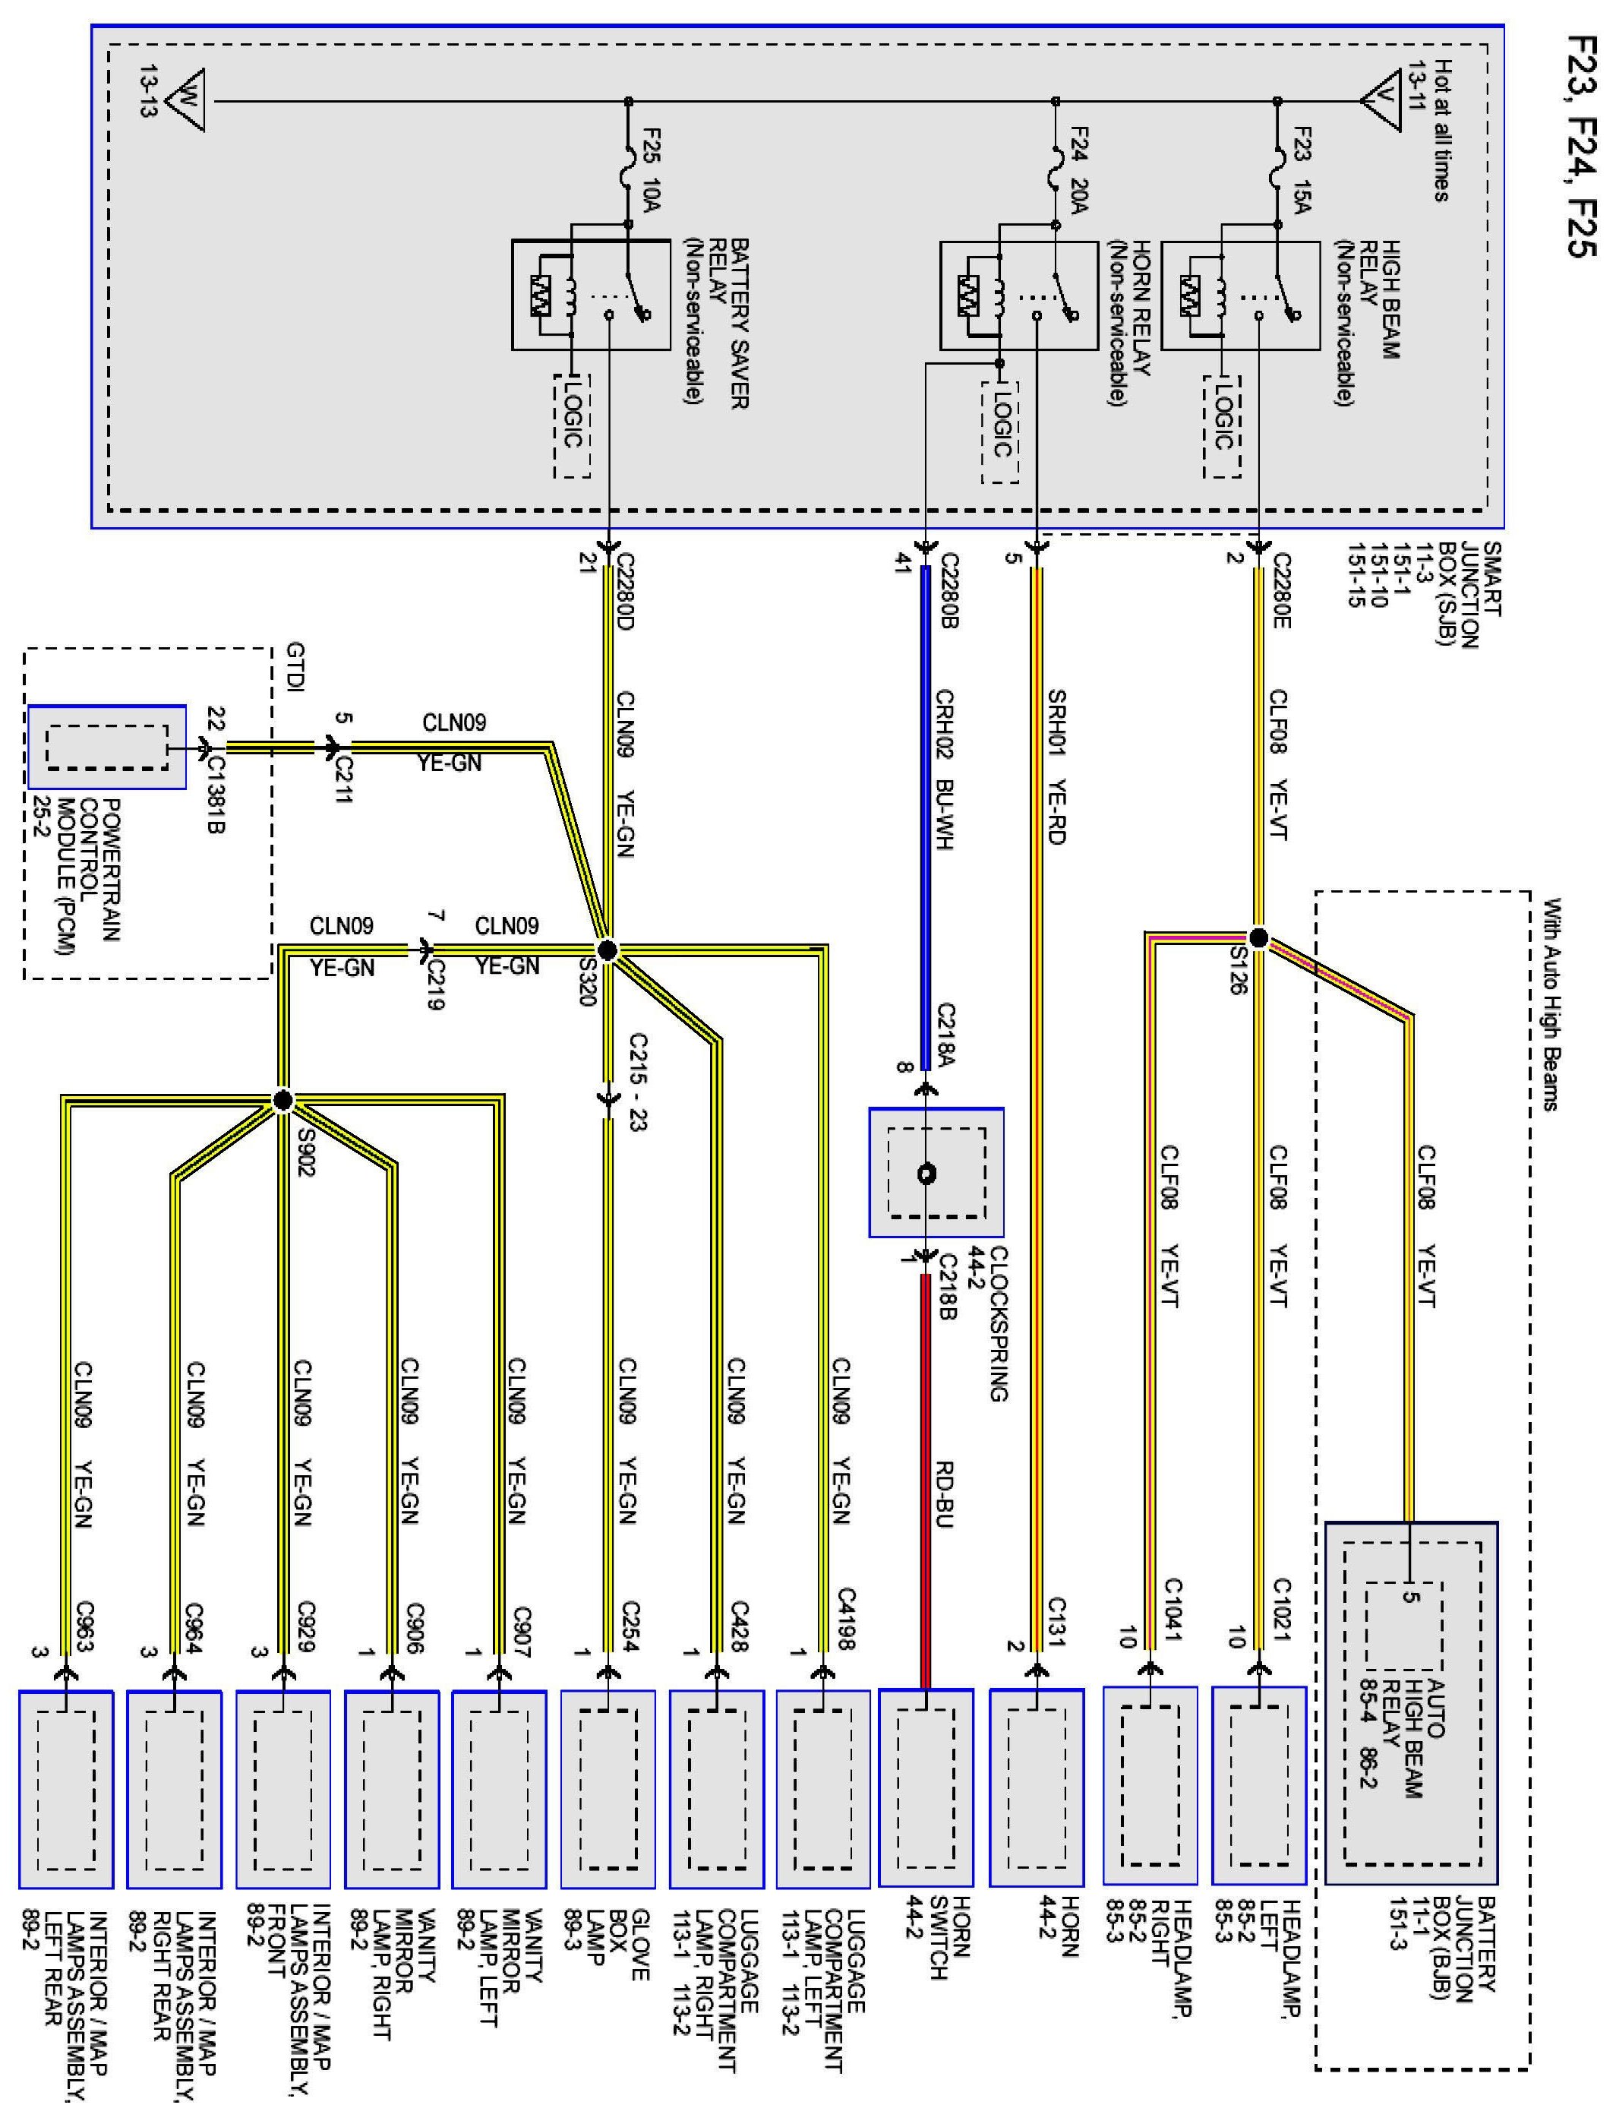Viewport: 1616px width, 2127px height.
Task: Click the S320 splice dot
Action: coord(606,950)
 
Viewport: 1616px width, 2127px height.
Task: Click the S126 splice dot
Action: coord(1258,938)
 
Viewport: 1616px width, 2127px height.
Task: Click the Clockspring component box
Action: coord(936,1171)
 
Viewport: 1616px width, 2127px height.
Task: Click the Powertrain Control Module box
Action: coord(107,747)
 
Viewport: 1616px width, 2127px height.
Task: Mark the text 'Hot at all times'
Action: coord(1441,131)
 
